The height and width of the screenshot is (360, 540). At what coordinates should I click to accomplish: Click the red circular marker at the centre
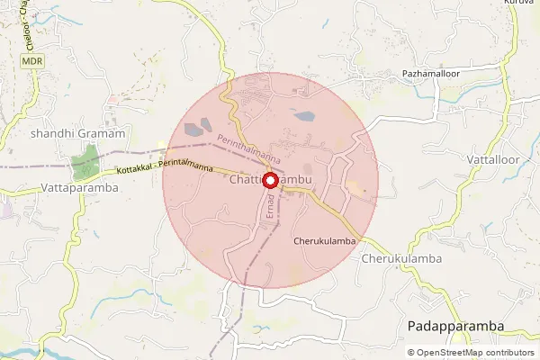[271, 180]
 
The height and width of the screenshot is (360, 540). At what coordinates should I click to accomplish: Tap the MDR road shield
[31, 61]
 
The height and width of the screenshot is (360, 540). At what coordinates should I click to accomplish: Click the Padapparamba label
[454, 325]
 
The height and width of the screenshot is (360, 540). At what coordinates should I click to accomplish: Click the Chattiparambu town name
[270, 180]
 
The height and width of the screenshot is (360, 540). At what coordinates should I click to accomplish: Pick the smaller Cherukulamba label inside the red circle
[325, 241]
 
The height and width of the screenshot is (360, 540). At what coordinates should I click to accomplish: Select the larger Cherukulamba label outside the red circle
[403, 258]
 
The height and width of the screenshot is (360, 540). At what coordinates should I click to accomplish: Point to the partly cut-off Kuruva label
[519, 4]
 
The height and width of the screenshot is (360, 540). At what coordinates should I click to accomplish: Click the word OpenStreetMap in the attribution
[452, 353]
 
